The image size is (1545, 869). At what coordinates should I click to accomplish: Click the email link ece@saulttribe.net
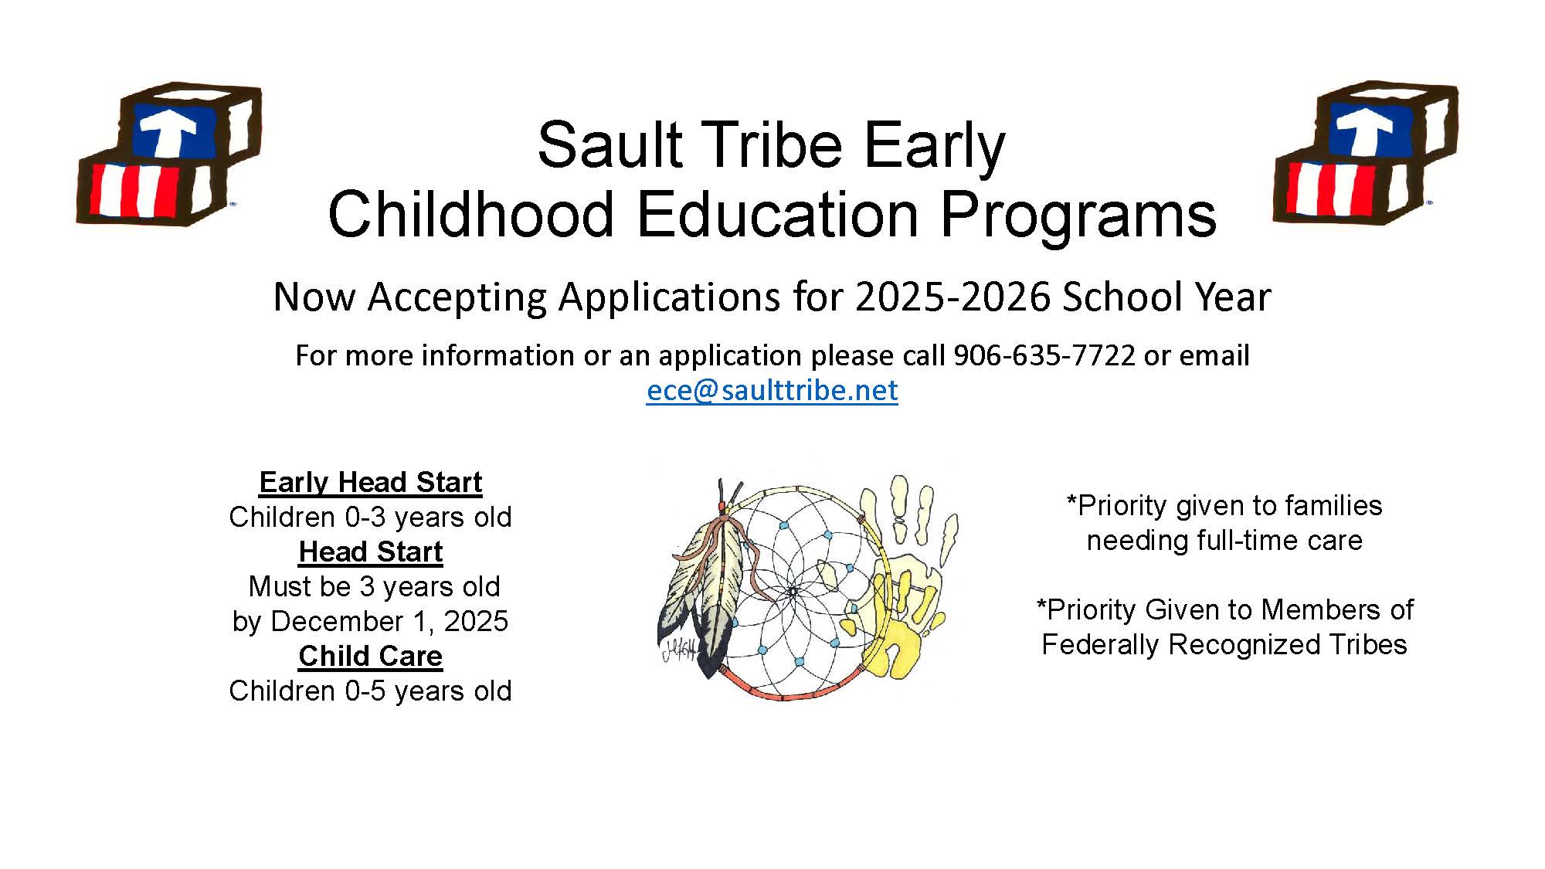click(772, 390)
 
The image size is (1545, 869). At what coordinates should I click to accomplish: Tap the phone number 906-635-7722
click(1044, 355)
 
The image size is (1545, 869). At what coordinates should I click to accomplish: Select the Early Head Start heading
click(371, 482)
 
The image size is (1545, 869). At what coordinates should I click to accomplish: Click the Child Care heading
click(371, 656)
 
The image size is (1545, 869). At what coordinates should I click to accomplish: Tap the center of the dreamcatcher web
click(793, 592)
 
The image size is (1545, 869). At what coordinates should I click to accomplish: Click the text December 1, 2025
click(389, 621)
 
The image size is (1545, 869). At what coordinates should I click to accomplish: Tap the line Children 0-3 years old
click(371, 517)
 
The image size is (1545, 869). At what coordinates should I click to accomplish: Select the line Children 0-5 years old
click(371, 691)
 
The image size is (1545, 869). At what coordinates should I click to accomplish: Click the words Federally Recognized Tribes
click(1224, 644)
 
